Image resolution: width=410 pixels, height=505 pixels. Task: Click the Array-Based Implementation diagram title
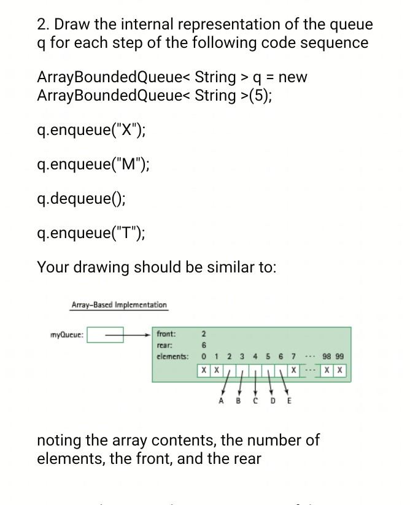pos(119,304)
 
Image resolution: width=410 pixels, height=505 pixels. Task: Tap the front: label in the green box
pos(166,334)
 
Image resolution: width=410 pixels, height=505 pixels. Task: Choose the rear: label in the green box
pos(164,345)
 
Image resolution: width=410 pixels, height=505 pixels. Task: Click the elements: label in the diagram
pos(172,357)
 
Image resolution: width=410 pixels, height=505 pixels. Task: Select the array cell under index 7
pos(295,371)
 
